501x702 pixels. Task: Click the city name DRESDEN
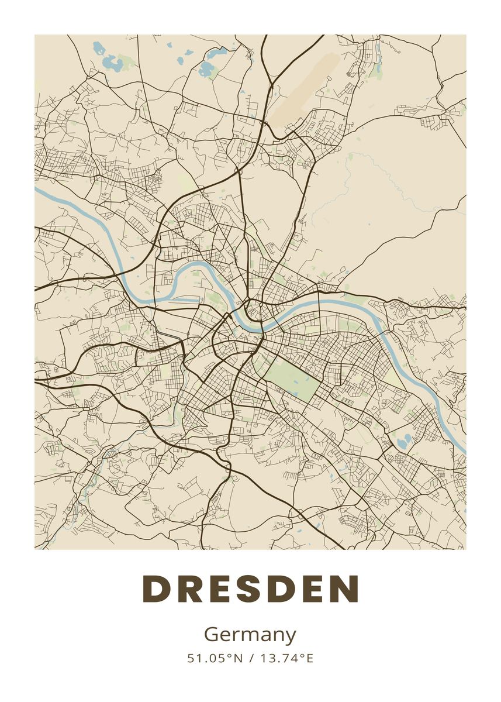point(250,589)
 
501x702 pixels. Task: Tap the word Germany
point(250,635)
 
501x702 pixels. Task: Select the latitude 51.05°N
point(215,659)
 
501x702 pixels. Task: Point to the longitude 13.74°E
point(286,659)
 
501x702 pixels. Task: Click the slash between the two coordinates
point(251,659)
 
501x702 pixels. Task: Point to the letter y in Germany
point(291,637)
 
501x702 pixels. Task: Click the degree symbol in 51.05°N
point(231,656)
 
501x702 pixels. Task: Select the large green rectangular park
point(294,377)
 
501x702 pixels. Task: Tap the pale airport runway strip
point(307,88)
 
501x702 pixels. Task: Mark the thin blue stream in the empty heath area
point(374,175)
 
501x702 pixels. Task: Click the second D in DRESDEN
point(280,589)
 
